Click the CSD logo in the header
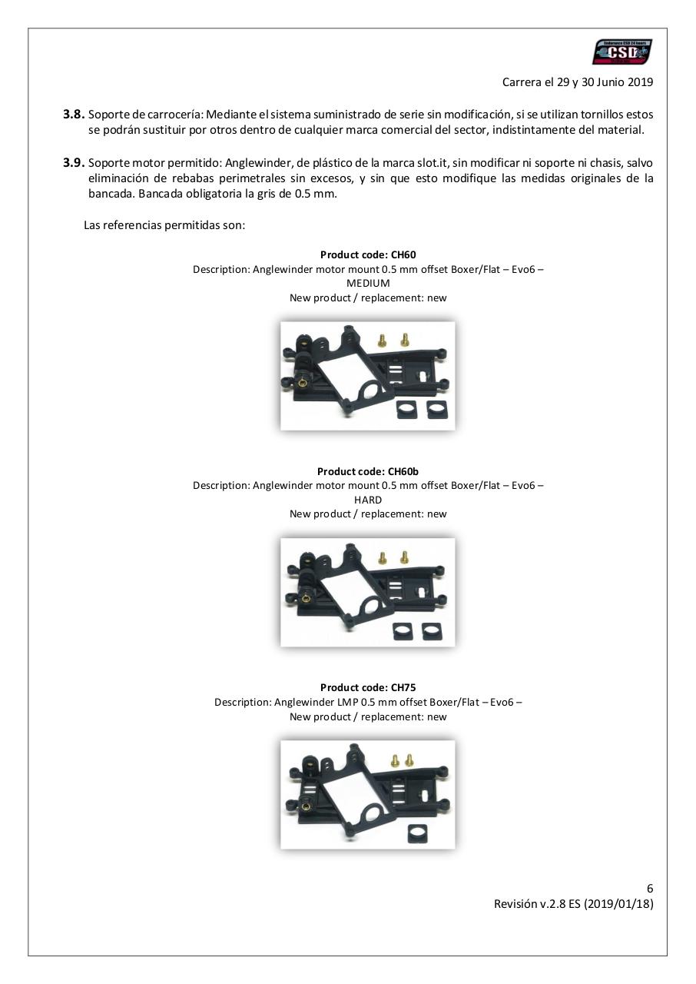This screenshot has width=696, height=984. pyautogui.click(x=622, y=52)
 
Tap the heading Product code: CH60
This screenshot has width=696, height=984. pyautogui.click(x=368, y=254)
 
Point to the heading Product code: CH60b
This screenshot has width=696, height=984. pyautogui.click(x=368, y=471)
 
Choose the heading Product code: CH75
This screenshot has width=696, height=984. pyautogui.click(x=368, y=687)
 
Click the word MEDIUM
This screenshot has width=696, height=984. pyautogui.click(x=368, y=283)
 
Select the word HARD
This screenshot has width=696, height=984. pyautogui.click(x=368, y=500)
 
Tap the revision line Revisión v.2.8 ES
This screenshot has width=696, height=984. pyautogui.click(x=573, y=904)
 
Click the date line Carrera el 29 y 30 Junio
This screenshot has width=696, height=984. pyautogui.click(x=578, y=82)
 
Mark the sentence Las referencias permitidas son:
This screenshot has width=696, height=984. pyautogui.click(x=164, y=225)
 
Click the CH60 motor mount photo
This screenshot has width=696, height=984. pyautogui.click(x=367, y=375)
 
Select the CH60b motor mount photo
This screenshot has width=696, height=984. pyautogui.click(x=367, y=591)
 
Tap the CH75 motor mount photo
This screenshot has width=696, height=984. pyautogui.click(x=367, y=794)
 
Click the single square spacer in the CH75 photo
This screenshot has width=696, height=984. pyautogui.click(x=418, y=831)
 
